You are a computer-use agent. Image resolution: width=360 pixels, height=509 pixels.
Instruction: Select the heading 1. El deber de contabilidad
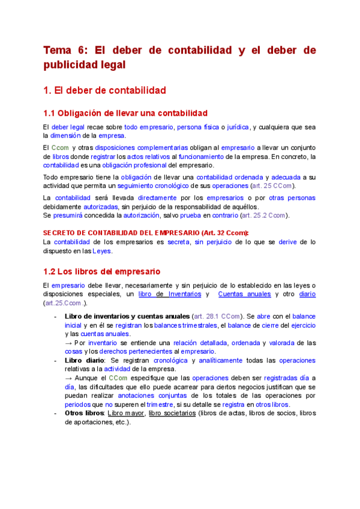[105, 91]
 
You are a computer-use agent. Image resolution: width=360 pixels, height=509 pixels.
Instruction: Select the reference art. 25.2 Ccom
[263, 215]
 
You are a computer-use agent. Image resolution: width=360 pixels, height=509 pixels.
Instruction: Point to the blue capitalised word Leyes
[101, 251]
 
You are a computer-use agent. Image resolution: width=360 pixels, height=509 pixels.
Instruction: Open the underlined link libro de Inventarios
[172, 294]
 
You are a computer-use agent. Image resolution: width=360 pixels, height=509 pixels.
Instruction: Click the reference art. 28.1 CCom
[217, 316]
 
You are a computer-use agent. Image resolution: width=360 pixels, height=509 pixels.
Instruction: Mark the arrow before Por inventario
[68, 343]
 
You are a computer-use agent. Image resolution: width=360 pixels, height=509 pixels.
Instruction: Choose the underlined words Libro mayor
[125, 414]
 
